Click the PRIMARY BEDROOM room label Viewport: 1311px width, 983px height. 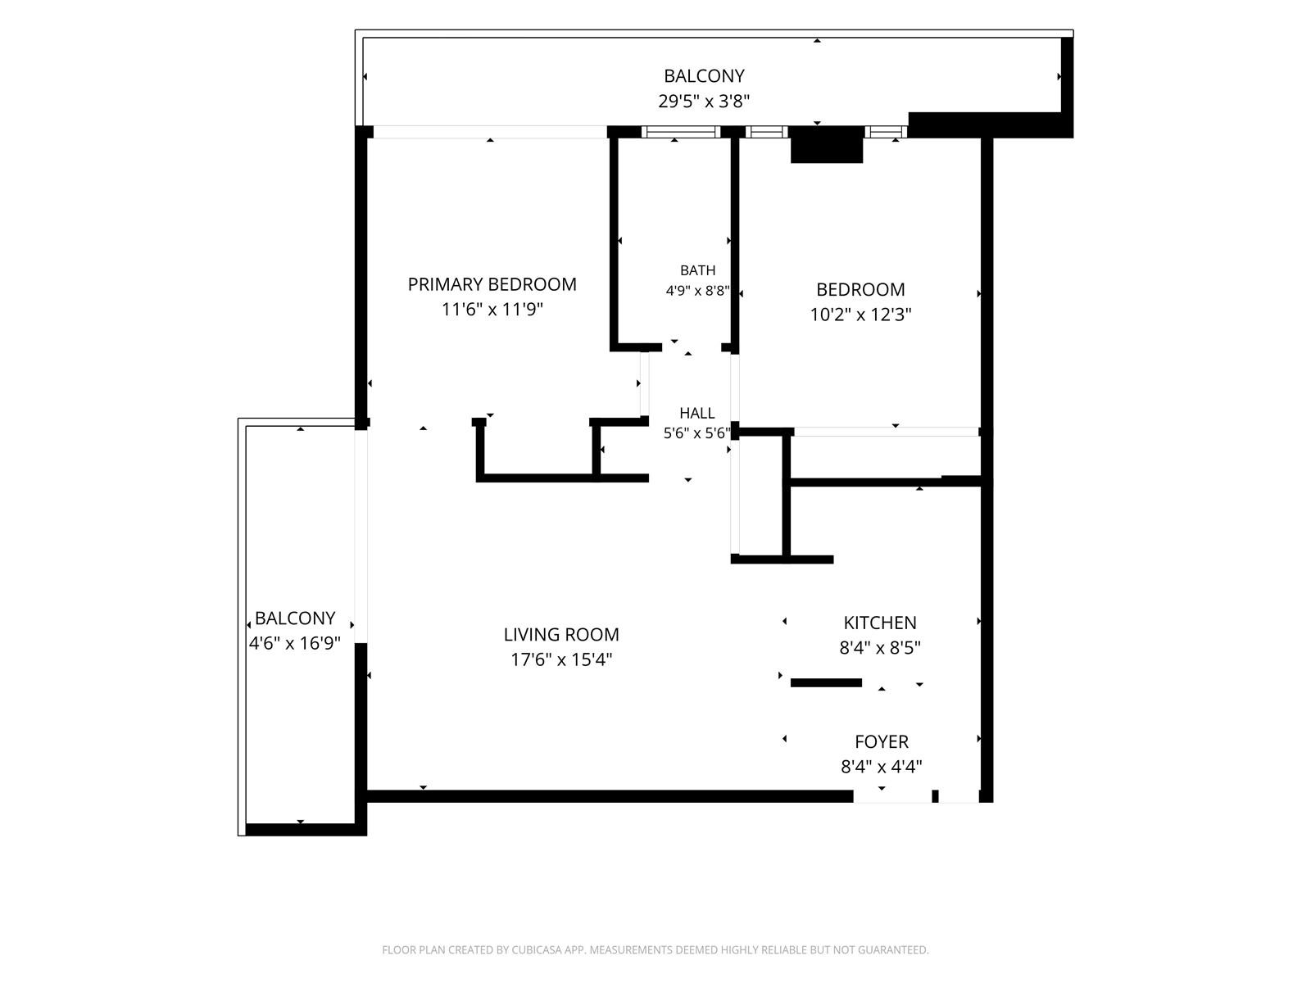coord(492,284)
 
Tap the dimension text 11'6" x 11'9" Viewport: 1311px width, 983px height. coord(492,309)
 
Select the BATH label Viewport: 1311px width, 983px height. coord(697,270)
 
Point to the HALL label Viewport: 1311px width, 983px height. coord(696,413)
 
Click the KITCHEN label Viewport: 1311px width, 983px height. coord(879,623)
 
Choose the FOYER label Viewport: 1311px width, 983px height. coord(881,741)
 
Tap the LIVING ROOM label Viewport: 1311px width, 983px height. coord(560,634)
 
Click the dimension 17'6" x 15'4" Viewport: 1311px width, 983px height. coord(560,659)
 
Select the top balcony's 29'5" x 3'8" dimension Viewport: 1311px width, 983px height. coord(704,101)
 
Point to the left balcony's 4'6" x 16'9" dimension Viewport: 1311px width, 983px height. coord(294,643)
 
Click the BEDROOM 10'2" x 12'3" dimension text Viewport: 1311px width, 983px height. coord(860,314)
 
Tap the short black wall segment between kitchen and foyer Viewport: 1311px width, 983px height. coord(826,683)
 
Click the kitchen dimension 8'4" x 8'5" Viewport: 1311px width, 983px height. coord(879,648)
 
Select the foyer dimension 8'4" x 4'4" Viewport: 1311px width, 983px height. coord(881,767)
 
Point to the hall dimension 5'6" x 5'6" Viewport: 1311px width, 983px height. coord(696,433)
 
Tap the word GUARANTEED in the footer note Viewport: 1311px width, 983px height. coord(892,949)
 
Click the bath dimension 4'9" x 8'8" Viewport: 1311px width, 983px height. coord(697,291)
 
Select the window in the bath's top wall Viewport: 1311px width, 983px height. coord(681,132)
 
